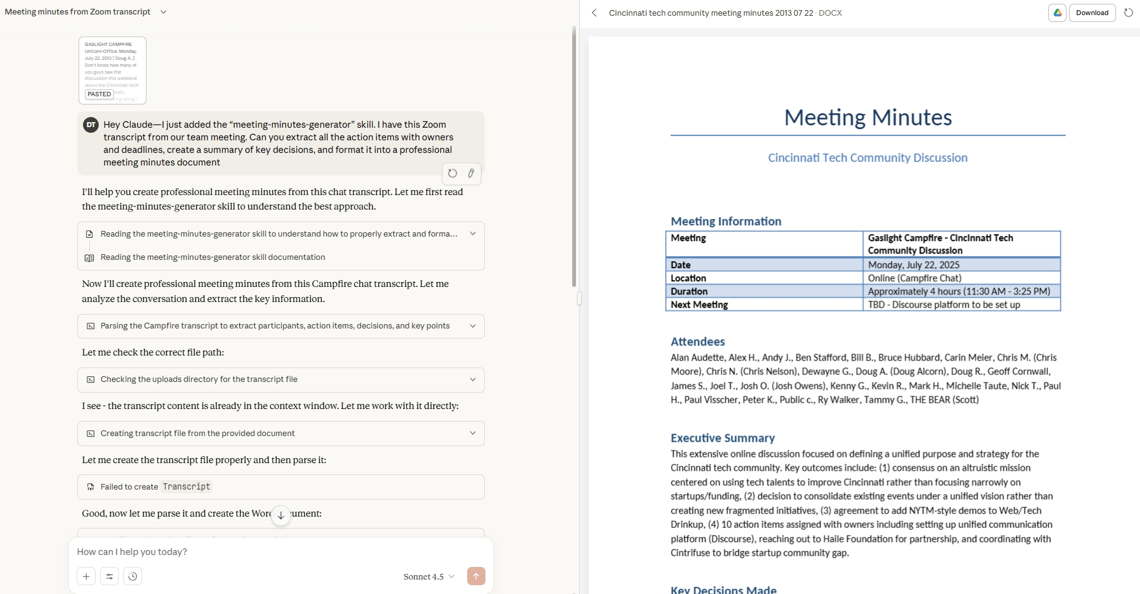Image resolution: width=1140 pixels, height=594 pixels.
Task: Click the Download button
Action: coord(1092,13)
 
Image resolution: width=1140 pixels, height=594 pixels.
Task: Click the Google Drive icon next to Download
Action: coord(1058,13)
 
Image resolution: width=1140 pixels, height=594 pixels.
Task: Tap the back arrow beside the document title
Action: coord(594,13)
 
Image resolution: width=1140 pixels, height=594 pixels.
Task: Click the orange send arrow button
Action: coord(476,576)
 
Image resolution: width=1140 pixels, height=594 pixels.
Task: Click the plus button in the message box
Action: coord(86,576)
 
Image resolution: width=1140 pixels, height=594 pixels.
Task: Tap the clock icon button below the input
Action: coord(133,576)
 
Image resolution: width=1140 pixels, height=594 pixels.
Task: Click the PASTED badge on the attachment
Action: coord(99,94)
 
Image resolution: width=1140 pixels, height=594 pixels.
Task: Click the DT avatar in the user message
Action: coord(91,125)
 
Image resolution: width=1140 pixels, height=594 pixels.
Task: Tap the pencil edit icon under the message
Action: coord(471,173)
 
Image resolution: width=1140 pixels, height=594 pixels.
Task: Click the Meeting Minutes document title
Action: coord(868,118)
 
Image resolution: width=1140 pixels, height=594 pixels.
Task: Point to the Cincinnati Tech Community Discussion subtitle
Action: coord(868,158)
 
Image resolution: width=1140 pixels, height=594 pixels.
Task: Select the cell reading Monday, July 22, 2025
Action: coord(914,265)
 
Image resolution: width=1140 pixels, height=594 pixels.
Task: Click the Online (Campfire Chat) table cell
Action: coord(914,278)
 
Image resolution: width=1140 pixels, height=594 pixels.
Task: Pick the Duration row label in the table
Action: coord(689,291)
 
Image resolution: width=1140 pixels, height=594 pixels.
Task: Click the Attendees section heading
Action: coord(697,342)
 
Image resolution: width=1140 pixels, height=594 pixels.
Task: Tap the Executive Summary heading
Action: coord(722,438)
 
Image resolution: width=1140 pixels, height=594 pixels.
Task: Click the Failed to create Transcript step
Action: coord(281,487)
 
